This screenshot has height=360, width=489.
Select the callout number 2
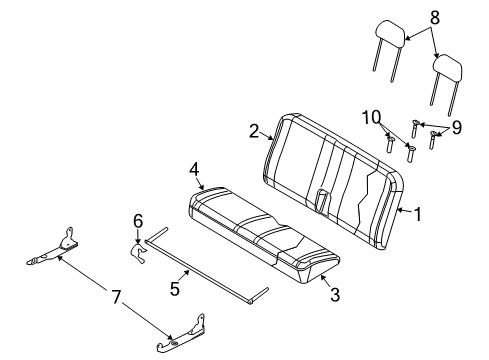click(254, 130)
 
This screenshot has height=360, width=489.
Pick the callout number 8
click(433, 17)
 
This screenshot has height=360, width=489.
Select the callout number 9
click(458, 128)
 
